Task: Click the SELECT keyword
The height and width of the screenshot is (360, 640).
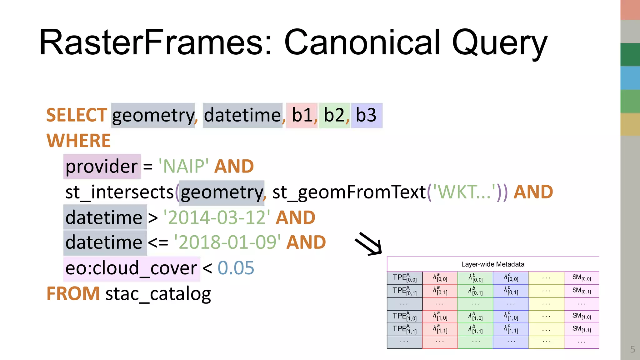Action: point(77,115)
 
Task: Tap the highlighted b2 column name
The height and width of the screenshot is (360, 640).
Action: point(334,115)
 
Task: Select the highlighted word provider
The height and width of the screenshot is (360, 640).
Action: point(102,166)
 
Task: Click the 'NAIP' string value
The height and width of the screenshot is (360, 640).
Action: point(183,166)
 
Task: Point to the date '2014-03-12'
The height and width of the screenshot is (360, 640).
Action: point(217,217)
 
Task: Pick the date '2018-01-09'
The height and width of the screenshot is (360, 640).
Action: point(227,242)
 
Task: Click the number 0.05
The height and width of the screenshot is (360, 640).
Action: point(236,268)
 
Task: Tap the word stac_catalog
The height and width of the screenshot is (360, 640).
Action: point(158,294)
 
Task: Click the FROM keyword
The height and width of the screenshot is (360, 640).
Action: point(73,294)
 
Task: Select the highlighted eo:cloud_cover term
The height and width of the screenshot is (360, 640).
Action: point(131,268)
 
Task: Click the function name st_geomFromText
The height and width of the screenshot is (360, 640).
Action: point(349,192)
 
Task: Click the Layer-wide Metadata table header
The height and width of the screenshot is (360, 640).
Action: point(492,264)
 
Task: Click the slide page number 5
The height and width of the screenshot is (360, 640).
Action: point(632,349)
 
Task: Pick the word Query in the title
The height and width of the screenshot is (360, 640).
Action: point(499,43)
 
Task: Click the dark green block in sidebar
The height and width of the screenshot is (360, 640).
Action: point(630,55)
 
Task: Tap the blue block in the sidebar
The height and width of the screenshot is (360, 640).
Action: point(630,78)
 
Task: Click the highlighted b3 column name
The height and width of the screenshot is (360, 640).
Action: point(366,115)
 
